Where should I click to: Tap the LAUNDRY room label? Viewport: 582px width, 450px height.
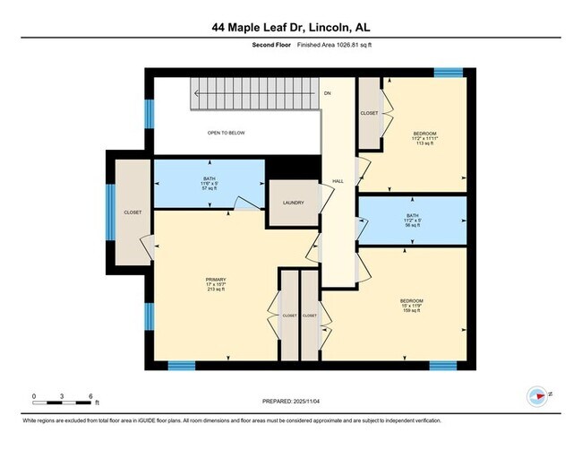[x=293, y=203]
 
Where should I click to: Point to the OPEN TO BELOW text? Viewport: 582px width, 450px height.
[x=226, y=133]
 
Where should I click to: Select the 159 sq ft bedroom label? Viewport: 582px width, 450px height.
[x=411, y=305]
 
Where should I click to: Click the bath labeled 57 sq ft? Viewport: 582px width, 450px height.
[x=209, y=185]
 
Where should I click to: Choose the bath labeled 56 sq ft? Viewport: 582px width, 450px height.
[x=412, y=221]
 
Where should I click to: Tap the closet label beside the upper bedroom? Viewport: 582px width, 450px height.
[x=369, y=113]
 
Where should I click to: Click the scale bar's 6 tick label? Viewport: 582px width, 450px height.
[x=90, y=395]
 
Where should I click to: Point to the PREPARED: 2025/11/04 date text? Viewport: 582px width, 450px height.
[x=290, y=402]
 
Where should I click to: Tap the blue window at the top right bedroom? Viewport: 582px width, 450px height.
[x=448, y=73]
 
